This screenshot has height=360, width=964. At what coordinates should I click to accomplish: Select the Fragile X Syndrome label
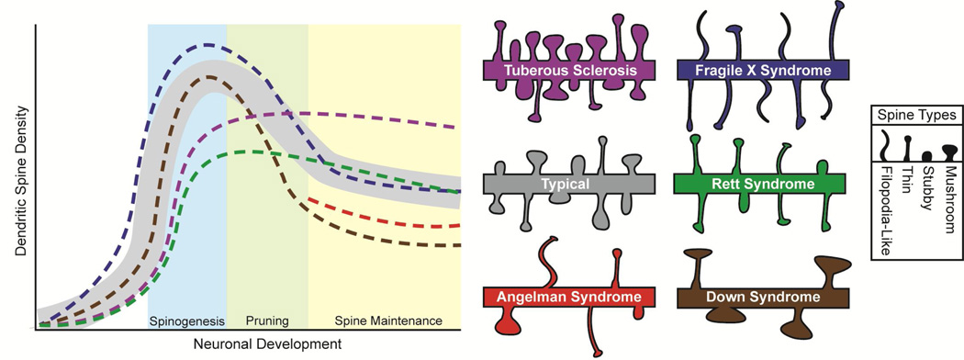coord(760,71)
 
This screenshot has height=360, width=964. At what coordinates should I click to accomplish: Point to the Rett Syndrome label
coord(760,184)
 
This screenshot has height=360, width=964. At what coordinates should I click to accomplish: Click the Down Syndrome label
coord(760,298)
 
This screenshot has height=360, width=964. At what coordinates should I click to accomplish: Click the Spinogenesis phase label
coord(186,321)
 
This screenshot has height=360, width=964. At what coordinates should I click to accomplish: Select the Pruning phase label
coord(267,321)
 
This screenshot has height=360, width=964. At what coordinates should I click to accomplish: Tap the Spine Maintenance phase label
coord(385,321)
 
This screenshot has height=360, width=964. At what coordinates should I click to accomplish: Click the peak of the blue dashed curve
coord(210,44)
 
